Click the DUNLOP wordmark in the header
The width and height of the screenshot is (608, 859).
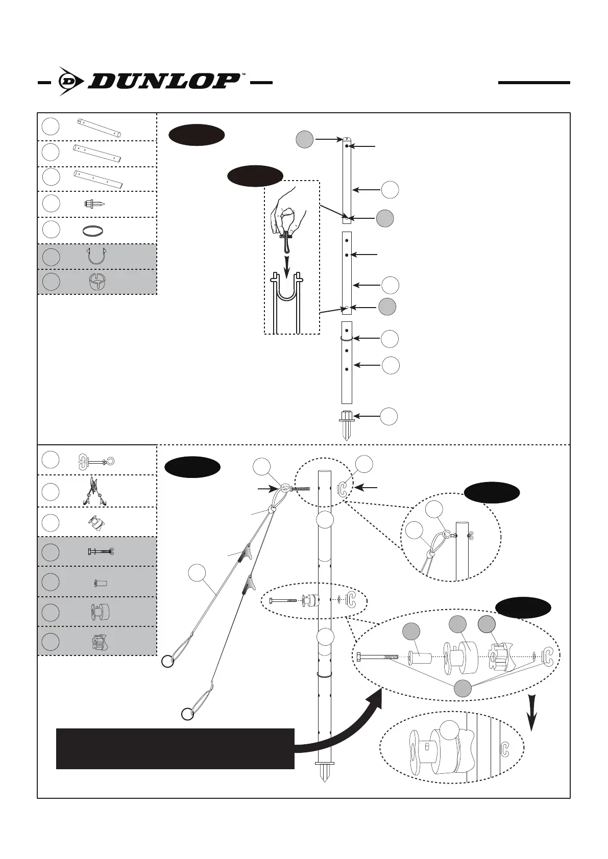163,81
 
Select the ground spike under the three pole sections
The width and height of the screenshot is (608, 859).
347,424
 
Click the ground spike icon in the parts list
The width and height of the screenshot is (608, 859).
95,204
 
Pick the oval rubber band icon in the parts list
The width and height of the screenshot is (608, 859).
94,231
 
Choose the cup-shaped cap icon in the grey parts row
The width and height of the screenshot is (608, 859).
95,282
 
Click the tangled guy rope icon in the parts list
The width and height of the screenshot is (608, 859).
94,491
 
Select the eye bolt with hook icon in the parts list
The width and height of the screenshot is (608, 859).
96,461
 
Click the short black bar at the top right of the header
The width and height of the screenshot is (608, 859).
534,82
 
